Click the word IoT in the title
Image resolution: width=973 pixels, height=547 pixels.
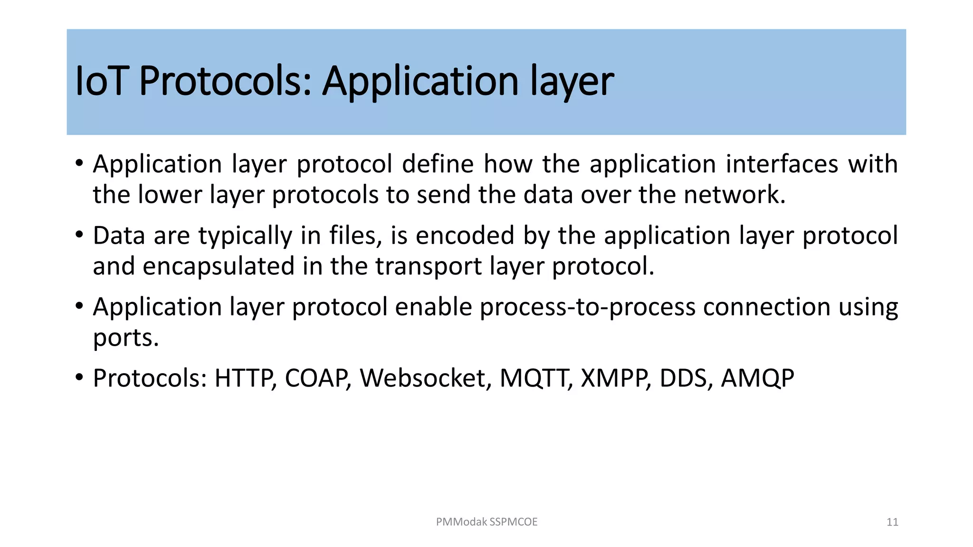[x=100, y=81]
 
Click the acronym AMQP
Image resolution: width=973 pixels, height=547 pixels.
[x=757, y=378]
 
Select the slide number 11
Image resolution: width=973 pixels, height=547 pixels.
[x=892, y=522]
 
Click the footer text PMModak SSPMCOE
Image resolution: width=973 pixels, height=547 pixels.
[x=486, y=522]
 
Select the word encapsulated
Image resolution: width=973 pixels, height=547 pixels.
[x=219, y=266]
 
